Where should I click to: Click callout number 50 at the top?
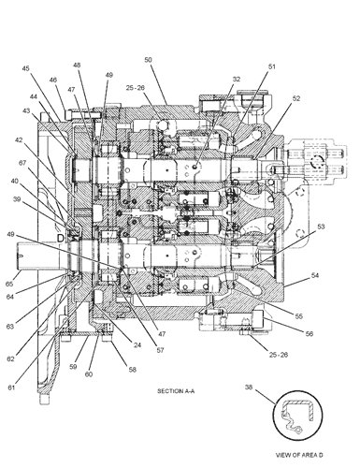point(148,60)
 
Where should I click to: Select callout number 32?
point(237,79)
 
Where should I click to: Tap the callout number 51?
point(272,66)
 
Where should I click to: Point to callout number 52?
point(296,98)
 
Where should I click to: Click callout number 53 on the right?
point(321,227)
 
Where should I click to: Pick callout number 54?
point(315,275)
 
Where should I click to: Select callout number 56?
point(309,333)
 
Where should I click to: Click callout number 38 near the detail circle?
point(249,387)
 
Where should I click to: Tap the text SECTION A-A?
point(176,391)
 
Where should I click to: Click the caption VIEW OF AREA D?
point(299,455)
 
